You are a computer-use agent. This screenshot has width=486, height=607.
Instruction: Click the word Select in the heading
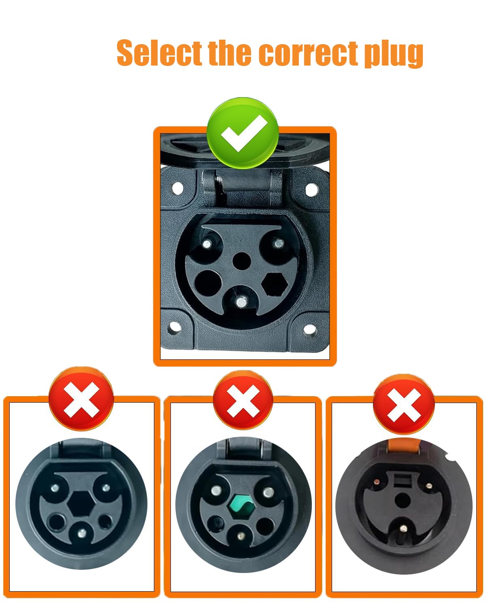(x=159, y=53)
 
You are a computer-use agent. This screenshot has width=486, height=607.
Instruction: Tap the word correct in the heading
(x=309, y=53)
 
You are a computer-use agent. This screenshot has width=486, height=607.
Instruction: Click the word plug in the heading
(x=393, y=54)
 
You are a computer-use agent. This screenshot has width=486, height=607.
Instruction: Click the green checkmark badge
(x=242, y=133)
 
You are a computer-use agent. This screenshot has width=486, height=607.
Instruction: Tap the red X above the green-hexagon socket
(x=243, y=401)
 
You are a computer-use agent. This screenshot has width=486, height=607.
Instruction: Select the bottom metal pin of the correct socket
(x=241, y=301)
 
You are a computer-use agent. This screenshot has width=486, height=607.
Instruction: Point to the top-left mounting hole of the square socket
(x=177, y=188)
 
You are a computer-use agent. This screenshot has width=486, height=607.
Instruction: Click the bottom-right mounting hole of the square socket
(x=309, y=330)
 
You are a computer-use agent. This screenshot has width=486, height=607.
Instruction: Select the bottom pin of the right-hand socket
(x=403, y=528)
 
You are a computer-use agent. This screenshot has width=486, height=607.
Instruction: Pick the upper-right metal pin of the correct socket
(x=278, y=244)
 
